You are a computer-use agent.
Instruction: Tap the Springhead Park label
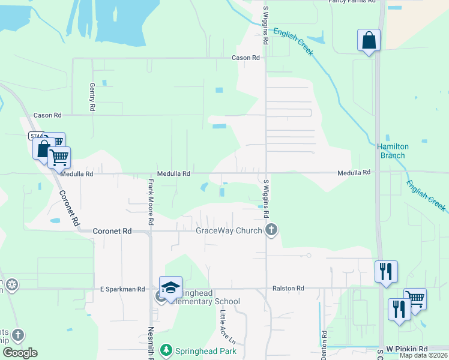206,351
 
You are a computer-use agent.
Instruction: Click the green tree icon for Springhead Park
166,350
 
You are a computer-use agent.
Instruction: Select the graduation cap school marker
170,288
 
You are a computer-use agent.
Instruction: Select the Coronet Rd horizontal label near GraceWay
112,231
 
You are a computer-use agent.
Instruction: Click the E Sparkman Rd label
122,289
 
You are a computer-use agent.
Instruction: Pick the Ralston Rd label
288,289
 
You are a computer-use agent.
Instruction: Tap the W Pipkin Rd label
406,349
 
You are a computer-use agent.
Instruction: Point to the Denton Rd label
324,341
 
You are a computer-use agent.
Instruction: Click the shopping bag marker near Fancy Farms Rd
369,41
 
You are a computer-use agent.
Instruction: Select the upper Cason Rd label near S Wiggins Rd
246,58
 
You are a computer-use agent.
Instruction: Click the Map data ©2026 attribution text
423,355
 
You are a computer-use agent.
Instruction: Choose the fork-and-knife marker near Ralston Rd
386,271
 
